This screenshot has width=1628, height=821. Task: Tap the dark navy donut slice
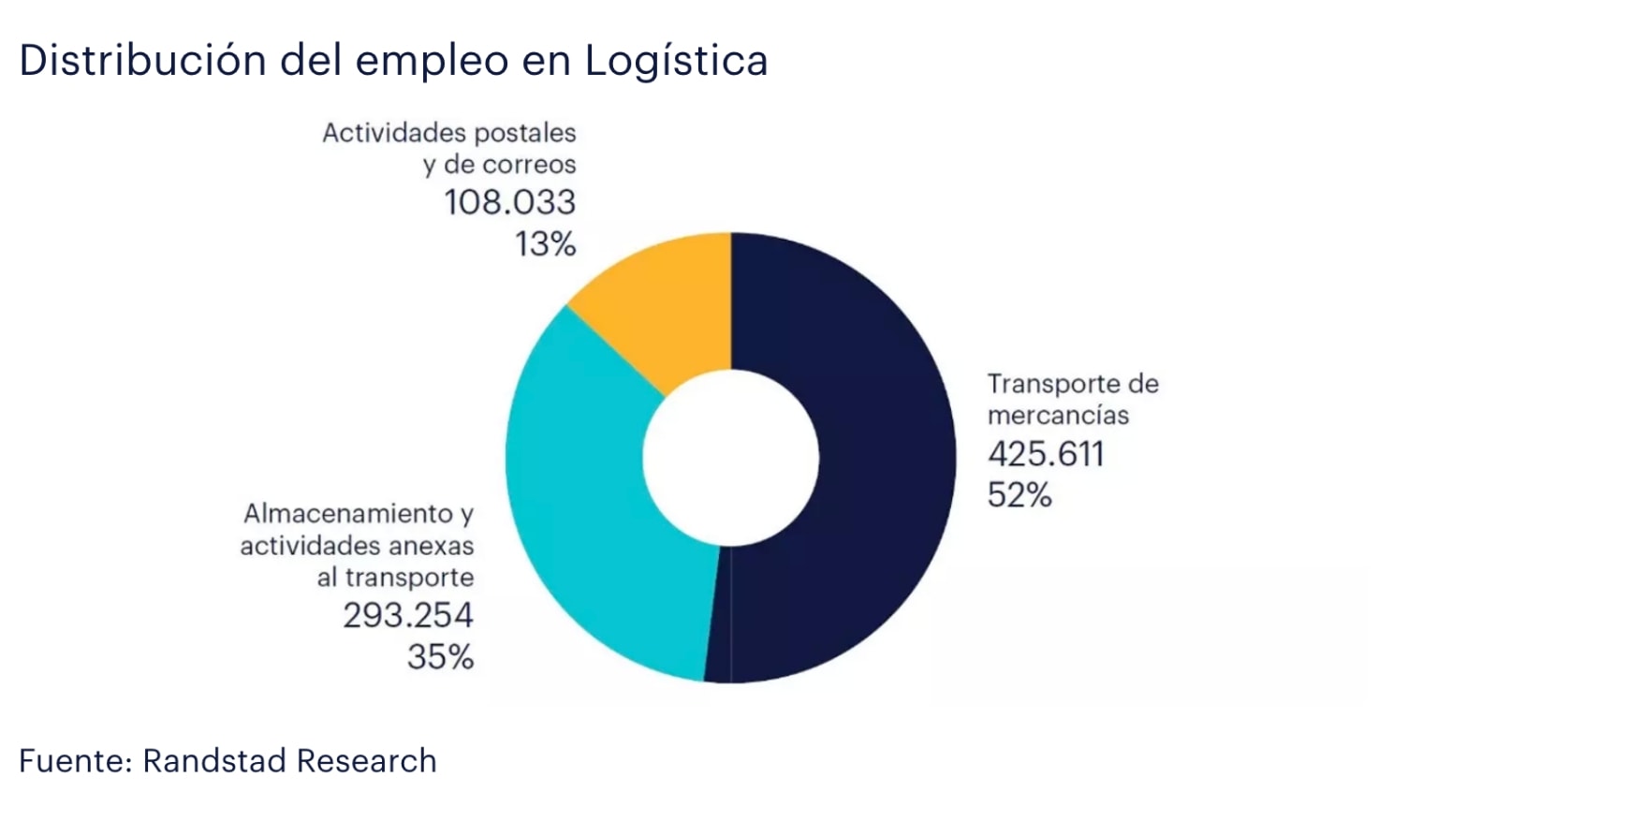[x=871, y=459]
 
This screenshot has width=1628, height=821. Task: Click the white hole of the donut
[x=730, y=458]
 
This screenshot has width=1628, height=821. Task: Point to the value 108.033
[x=509, y=202]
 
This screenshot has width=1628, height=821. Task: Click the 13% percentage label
[x=545, y=244]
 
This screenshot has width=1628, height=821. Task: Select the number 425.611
[x=1046, y=454]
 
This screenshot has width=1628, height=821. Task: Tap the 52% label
[x=1019, y=494]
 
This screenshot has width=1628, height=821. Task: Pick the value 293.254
[x=408, y=615]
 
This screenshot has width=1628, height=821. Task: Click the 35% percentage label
[x=440, y=656]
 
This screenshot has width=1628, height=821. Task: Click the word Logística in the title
[x=676, y=62]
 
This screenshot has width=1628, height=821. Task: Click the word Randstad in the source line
[x=213, y=760]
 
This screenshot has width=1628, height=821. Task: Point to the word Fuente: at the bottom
[x=75, y=760]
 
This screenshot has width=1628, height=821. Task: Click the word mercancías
[x=1058, y=416]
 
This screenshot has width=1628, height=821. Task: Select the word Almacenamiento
[x=348, y=513]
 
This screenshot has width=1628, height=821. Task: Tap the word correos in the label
[x=530, y=165]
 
